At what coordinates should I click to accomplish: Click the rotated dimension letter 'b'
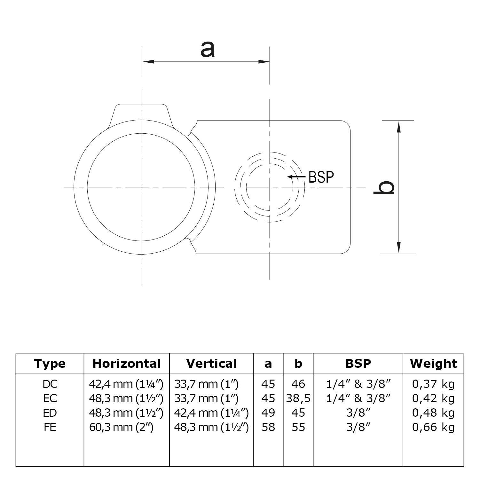point(384,187)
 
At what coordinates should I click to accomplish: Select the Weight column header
point(433,364)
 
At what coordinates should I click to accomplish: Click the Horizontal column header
point(127,364)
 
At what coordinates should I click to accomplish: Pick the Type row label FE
point(50,427)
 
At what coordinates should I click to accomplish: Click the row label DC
point(50,384)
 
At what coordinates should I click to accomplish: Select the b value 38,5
point(298,398)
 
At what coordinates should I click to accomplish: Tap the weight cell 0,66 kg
point(433,427)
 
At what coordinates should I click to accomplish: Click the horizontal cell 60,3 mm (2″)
point(122,427)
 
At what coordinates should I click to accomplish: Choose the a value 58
point(268,427)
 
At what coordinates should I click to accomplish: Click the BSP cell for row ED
point(358,413)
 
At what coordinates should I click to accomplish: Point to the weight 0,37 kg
point(433,384)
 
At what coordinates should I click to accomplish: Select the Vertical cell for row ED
point(211,413)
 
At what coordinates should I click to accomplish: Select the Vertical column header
point(211,364)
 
